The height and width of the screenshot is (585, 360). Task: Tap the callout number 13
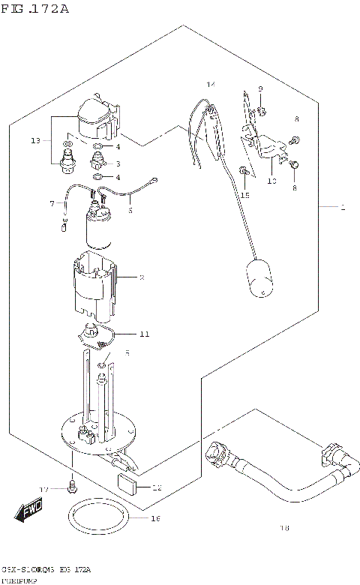click(35, 140)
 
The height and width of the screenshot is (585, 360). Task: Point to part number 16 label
click(156, 517)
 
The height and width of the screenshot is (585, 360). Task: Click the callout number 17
click(44, 489)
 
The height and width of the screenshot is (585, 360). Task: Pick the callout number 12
click(156, 487)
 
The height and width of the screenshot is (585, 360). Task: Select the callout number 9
click(260, 90)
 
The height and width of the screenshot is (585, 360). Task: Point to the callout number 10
click(271, 180)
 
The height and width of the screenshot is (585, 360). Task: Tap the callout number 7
click(52, 203)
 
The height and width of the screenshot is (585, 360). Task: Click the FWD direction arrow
click(29, 512)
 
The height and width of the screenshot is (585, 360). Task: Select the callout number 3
click(117, 163)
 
